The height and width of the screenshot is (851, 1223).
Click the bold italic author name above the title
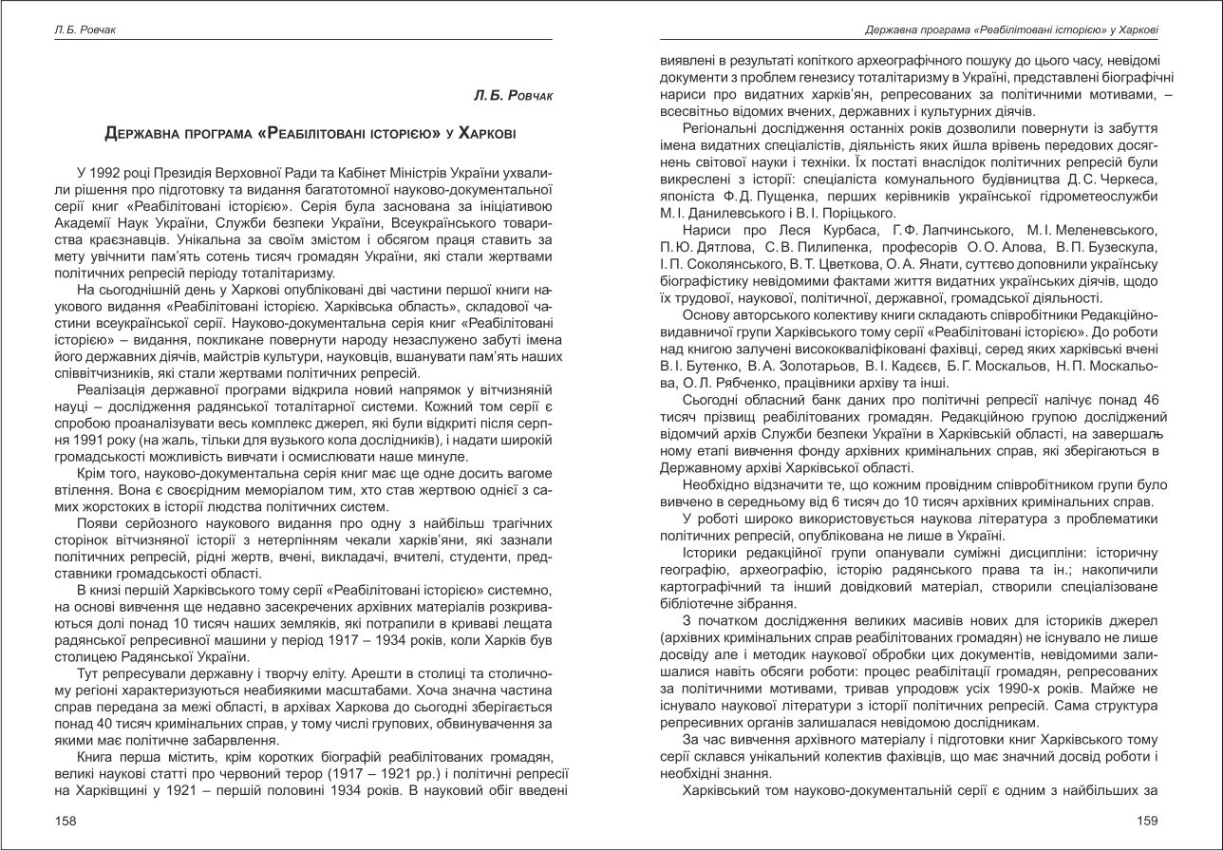pos(513,97)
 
